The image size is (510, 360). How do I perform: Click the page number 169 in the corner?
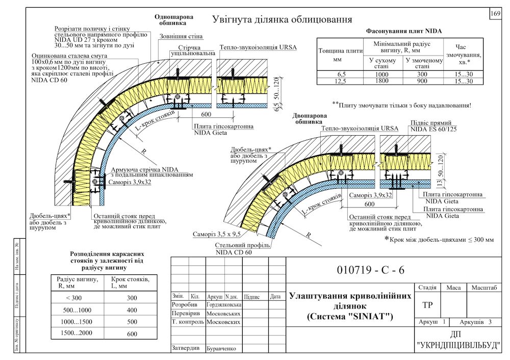(495, 14)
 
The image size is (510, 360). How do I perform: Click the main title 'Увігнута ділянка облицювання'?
(282, 20)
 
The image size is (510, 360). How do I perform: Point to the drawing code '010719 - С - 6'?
(370, 270)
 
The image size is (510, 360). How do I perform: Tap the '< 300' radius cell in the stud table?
(74, 298)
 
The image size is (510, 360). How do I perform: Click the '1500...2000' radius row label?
(74, 334)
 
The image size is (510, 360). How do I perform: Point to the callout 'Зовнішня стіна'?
(181, 37)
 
